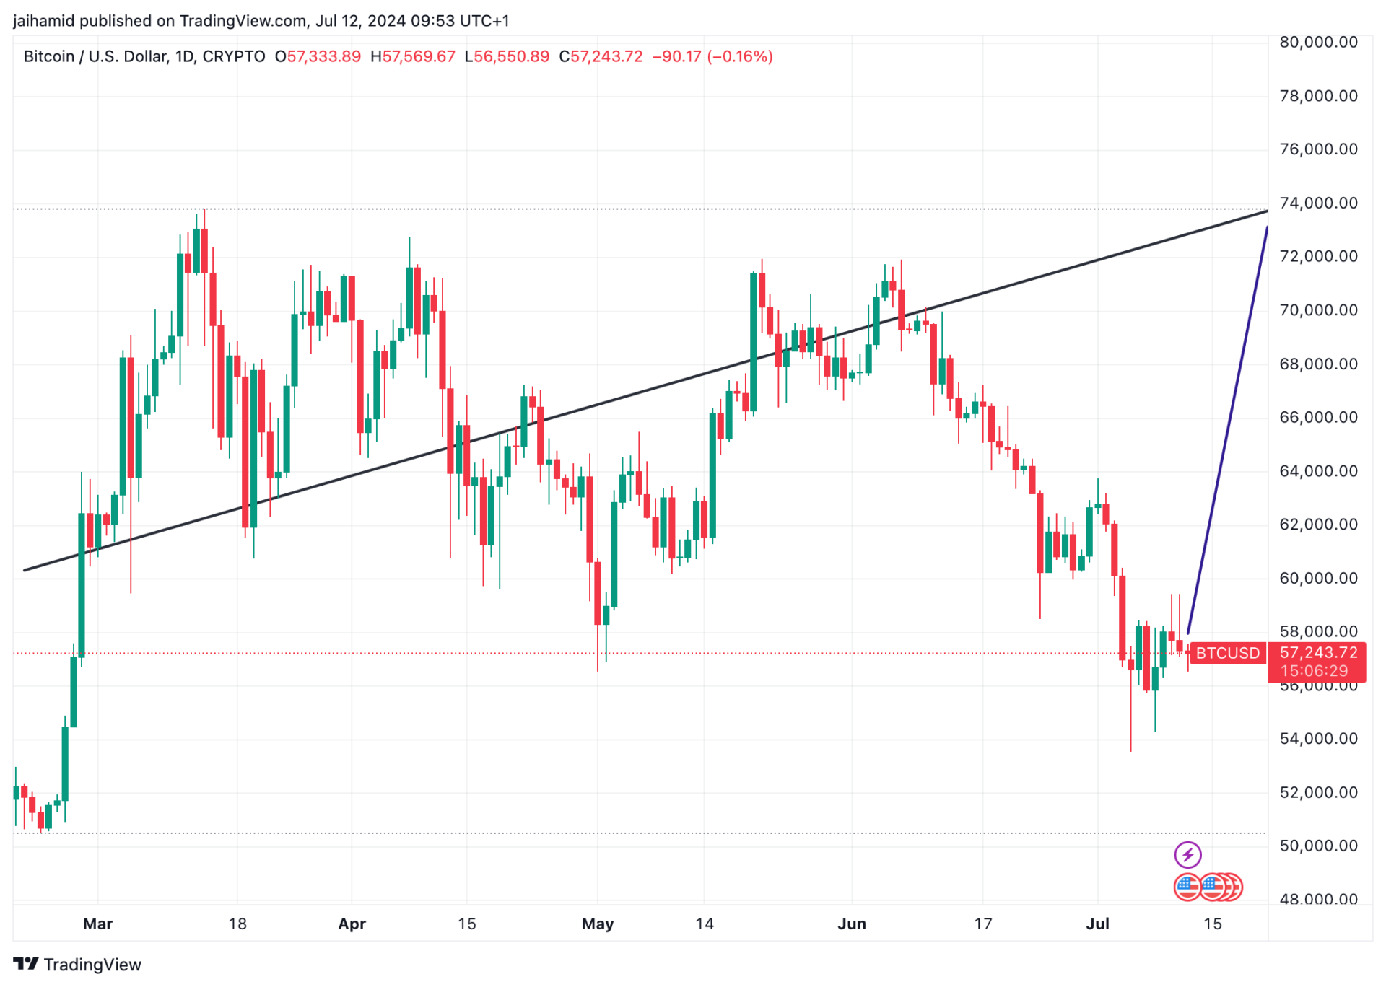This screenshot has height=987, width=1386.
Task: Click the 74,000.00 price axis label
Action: point(1318,203)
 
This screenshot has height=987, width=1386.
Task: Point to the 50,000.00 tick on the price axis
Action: point(1318,846)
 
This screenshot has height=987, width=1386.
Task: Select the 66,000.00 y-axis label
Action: point(1318,417)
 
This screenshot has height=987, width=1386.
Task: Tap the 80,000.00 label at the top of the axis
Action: point(1318,42)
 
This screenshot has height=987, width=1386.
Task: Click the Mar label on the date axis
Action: point(97,924)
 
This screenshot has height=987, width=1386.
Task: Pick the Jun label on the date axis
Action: point(851,924)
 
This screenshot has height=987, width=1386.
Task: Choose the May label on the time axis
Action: point(597,924)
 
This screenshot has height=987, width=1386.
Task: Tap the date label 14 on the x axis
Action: point(704,924)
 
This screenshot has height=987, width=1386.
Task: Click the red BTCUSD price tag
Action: point(1227,653)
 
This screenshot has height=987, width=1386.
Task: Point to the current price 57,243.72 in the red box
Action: point(1318,652)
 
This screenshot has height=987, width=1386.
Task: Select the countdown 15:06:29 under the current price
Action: point(1314,671)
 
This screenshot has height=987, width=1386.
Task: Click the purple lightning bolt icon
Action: point(1187,855)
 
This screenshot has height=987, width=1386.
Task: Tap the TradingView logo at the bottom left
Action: point(77,965)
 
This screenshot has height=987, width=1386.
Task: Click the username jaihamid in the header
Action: point(43,21)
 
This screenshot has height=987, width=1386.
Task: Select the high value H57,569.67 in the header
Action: point(413,56)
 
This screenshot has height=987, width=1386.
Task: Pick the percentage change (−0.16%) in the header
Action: point(740,56)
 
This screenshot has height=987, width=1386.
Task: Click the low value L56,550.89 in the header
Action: point(507,56)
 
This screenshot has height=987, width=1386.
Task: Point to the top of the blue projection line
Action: point(1266,228)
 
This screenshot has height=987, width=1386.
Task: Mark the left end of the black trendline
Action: point(25,570)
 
